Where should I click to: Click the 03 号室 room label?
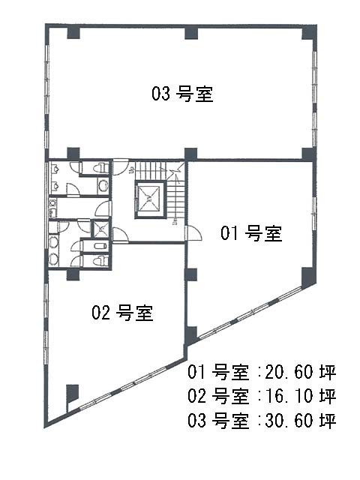click(182, 94)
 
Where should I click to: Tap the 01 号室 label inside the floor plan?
click(251, 233)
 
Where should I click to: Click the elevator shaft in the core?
click(150, 199)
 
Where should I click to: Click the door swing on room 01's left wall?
click(193, 233)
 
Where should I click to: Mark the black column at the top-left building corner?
click(73, 32)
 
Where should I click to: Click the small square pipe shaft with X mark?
click(100, 229)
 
